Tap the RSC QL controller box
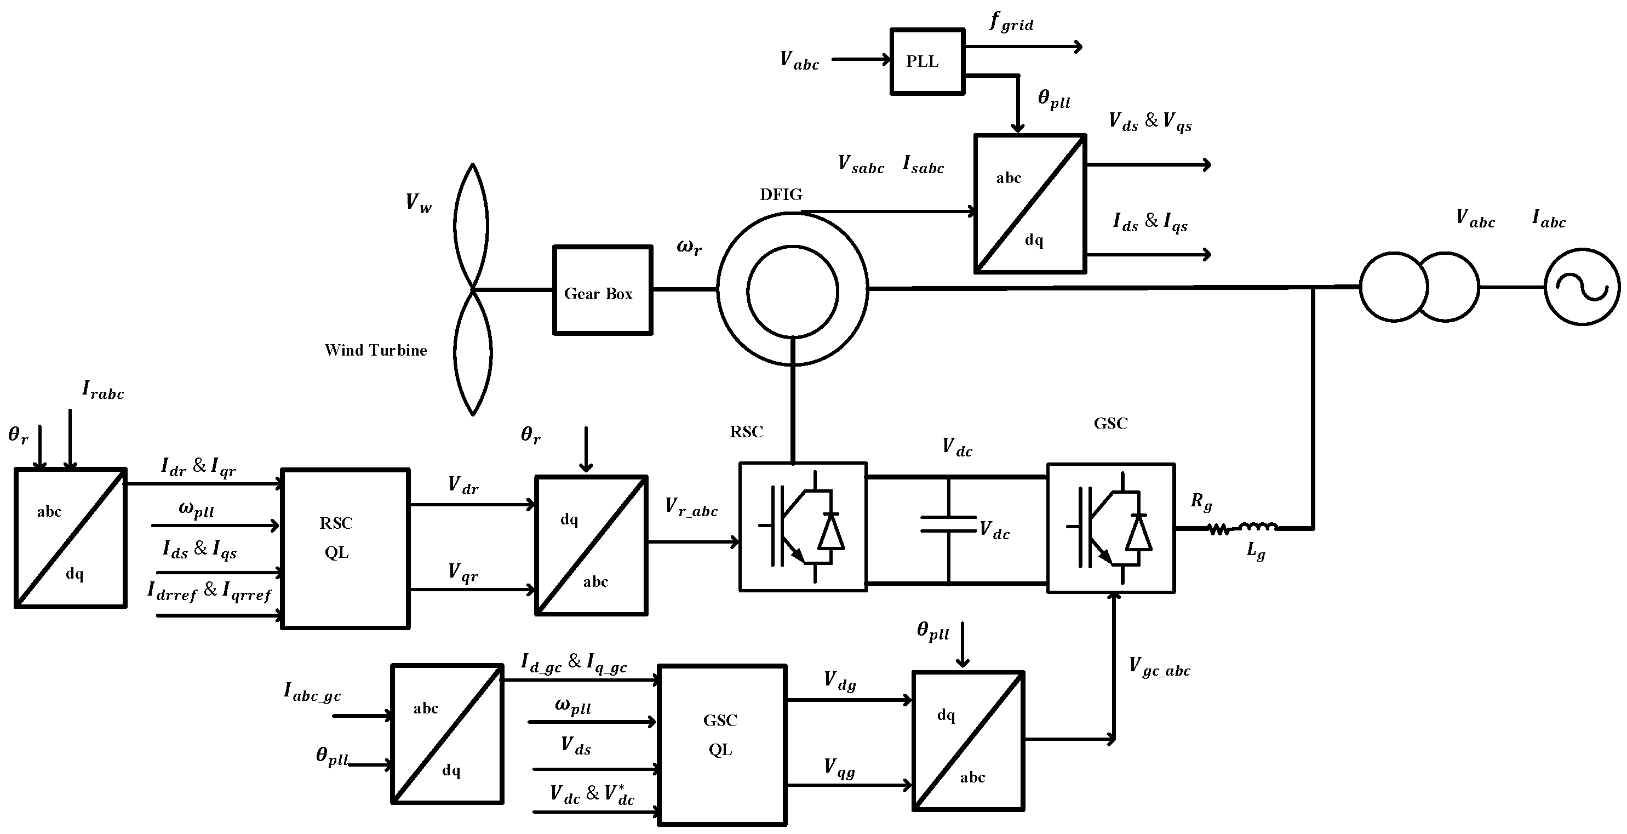pos(345,548)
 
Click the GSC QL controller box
pos(722,744)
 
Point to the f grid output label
pos(1011,23)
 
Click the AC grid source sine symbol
pos(1582,288)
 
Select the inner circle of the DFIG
pos(792,292)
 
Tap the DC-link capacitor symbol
pos(948,524)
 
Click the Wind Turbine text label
pos(376,350)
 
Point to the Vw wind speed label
pos(418,203)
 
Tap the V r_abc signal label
pos(691,507)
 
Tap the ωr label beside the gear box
pos(689,247)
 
